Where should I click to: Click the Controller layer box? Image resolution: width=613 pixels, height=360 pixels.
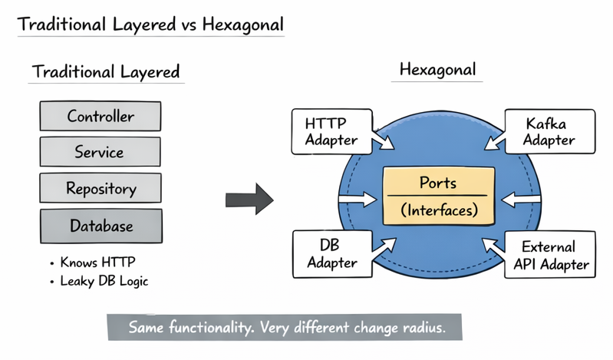tap(100, 117)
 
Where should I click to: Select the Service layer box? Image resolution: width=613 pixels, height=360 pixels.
tap(100, 152)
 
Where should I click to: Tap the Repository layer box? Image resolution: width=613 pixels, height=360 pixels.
tap(100, 188)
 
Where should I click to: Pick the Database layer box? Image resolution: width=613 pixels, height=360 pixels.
tap(100, 226)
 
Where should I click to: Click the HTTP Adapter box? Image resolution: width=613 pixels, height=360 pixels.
tap(331, 130)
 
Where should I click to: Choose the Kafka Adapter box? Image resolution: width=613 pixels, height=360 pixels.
tap(549, 130)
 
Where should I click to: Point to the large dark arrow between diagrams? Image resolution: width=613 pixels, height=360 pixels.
tap(249, 200)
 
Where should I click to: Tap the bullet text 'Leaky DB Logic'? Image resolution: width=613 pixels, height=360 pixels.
tap(104, 281)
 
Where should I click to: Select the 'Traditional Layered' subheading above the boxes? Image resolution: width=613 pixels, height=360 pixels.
tap(106, 72)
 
